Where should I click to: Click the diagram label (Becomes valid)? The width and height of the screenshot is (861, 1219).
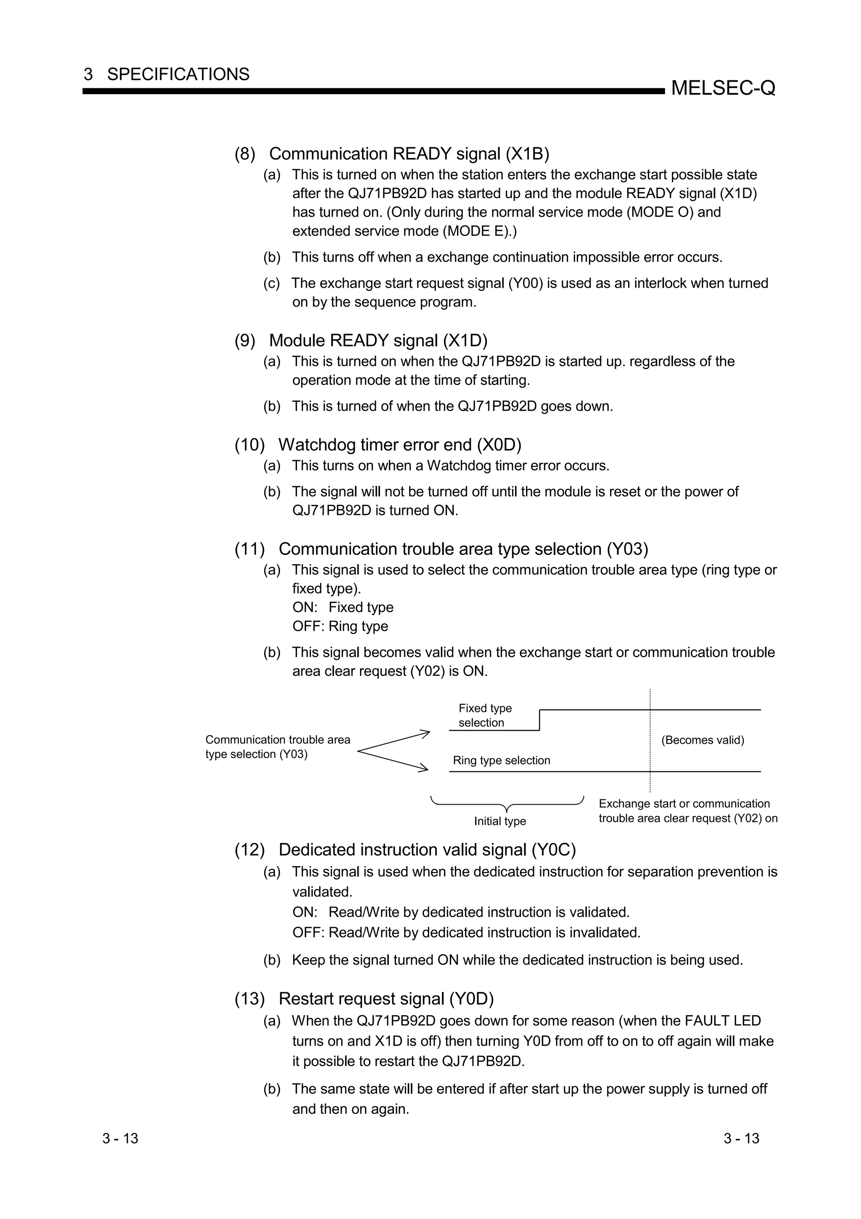click(x=703, y=740)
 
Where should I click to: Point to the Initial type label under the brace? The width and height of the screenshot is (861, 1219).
click(x=500, y=821)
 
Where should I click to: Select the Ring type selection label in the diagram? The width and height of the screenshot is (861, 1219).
click(x=501, y=760)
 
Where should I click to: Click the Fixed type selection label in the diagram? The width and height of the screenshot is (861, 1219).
click(x=485, y=715)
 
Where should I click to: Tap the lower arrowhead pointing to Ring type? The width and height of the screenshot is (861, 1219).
click(x=424, y=768)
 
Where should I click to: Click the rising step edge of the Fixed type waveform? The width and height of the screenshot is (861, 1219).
click(x=539, y=720)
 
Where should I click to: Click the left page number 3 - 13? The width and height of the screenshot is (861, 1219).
click(x=120, y=1138)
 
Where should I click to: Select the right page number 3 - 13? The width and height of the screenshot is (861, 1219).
click(x=741, y=1138)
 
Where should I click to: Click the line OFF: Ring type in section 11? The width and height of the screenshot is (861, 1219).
click(x=340, y=626)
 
